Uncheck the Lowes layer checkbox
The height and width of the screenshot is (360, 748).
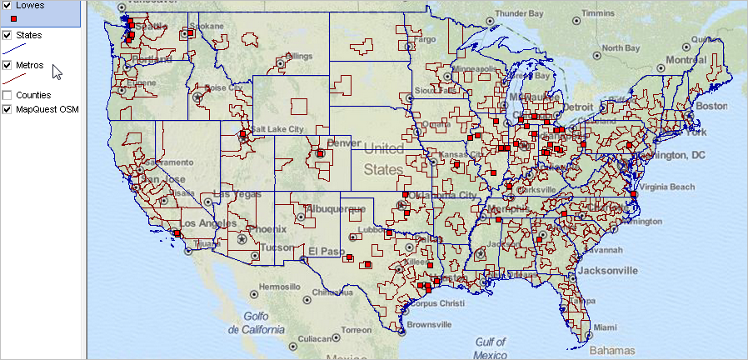coord(7,5)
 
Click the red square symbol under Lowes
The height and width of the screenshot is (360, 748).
coord(12,17)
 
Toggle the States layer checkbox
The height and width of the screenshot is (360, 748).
coord(7,36)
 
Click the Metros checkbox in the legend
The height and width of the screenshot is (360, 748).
coord(7,65)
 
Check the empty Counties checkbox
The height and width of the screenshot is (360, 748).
coord(7,95)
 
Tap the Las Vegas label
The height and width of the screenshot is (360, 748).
coord(237,193)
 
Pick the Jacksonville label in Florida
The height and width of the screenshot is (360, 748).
coord(603,271)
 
